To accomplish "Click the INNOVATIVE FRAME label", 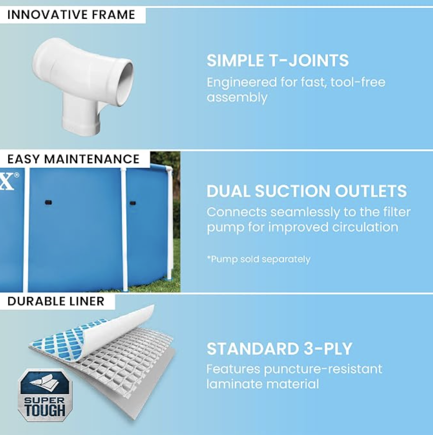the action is coord(71,15).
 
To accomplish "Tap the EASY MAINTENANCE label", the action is coord(74,159).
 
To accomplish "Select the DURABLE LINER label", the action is coord(56,301).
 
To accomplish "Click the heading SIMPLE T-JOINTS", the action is coord(277,60).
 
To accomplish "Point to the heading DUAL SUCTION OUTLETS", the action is coord(307,191).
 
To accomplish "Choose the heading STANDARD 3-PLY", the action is coord(279,349).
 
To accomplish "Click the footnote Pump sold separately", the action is coord(258,259).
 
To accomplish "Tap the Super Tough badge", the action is coord(45,395).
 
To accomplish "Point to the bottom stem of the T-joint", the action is coord(81,117).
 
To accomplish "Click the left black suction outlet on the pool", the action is coord(48,202).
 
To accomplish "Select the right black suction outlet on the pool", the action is coord(133,203).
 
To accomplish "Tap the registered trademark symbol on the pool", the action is coord(17,175).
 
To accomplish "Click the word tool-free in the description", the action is coord(358,82).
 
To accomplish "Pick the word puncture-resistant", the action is coord(323,370).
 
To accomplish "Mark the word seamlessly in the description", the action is coord(305,212).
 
